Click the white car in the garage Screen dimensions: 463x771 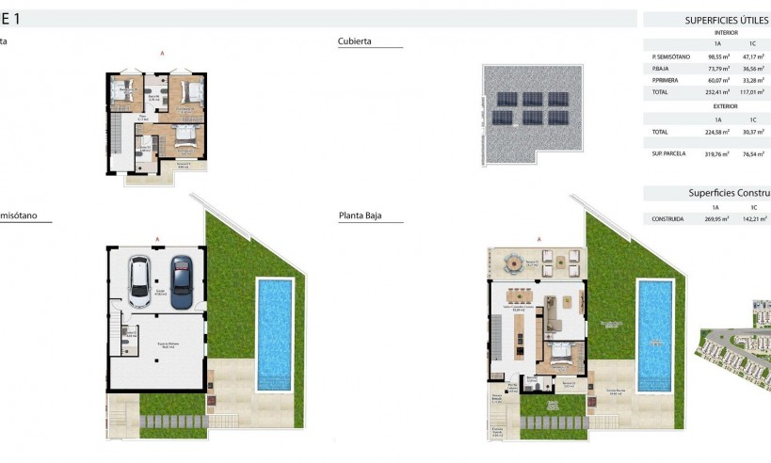point(138,281)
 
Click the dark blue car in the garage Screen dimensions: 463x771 point(180,281)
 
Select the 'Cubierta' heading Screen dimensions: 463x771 point(355,41)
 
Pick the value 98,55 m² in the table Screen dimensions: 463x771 point(718,56)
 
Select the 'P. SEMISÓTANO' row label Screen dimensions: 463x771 point(670,56)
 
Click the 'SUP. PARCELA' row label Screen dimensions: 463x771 point(669,152)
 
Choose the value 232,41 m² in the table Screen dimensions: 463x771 point(718,92)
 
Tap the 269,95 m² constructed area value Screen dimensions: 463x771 point(718,218)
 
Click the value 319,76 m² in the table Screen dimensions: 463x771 point(718,152)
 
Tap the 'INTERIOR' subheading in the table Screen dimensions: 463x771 point(726,32)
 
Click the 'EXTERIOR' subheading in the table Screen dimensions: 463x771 point(726,106)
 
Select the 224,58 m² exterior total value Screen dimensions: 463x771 point(718,132)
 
